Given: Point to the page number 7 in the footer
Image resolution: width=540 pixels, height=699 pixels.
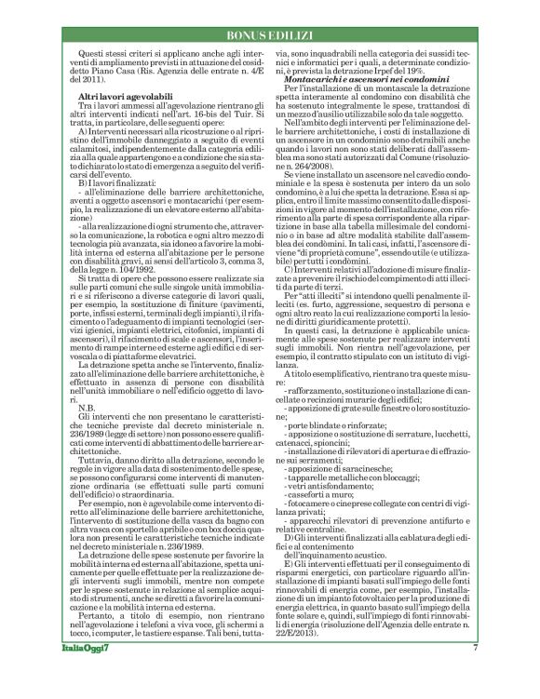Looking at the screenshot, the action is pos(476,673).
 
